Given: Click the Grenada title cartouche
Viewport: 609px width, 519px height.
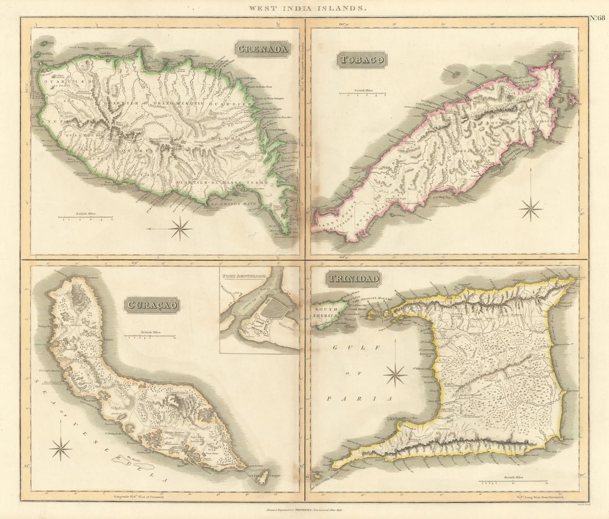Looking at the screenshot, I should coord(262,49).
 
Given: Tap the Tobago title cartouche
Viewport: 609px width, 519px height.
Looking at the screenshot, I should coord(362,60).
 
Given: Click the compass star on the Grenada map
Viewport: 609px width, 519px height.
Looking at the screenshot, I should coord(180,228).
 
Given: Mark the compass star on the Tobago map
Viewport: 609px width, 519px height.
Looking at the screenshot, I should coord(531,209).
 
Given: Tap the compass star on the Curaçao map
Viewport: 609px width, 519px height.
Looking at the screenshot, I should coord(60,448).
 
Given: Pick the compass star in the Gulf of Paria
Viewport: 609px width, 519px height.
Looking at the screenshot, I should coord(395,375).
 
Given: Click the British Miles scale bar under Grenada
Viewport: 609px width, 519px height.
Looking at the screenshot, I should coord(86,217).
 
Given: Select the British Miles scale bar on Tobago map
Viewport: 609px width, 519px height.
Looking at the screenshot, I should coord(363,93).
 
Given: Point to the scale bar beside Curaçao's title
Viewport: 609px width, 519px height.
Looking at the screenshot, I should coord(149,335).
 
